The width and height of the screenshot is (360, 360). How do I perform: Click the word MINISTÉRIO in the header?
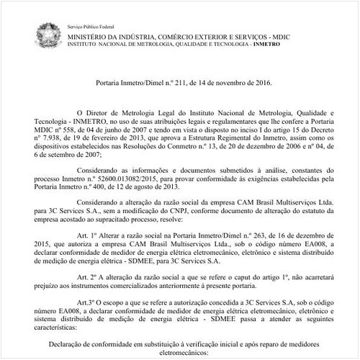pyautogui.click(x=91, y=35)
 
